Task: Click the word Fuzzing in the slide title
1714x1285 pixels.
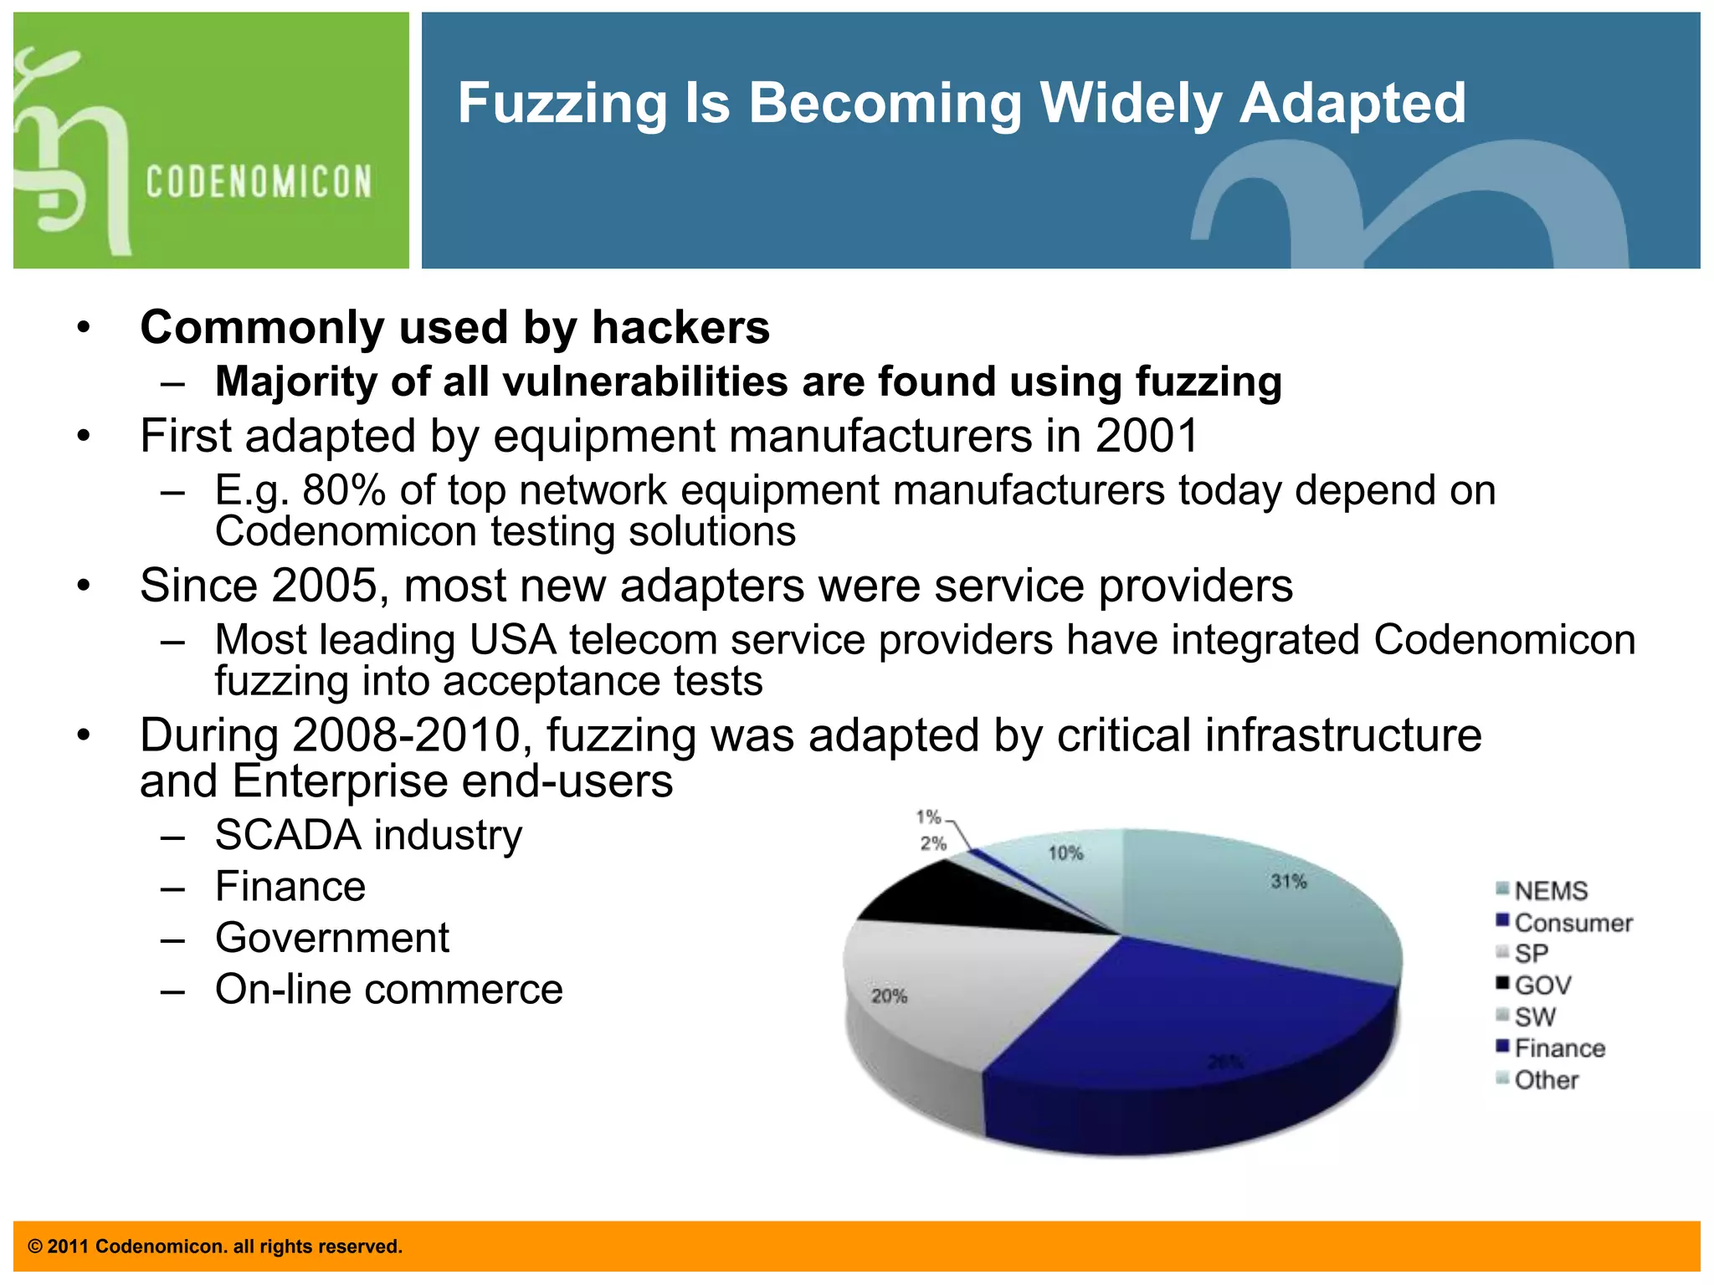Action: [x=562, y=105]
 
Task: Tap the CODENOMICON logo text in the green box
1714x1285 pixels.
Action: [x=259, y=182]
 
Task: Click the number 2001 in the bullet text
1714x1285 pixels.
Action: [x=1147, y=437]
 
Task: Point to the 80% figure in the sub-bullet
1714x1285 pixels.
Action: [x=344, y=491]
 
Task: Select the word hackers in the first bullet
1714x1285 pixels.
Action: [x=680, y=327]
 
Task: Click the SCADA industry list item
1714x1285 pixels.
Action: [x=368, y=835]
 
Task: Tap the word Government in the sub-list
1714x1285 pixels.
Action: [x=332, y=938]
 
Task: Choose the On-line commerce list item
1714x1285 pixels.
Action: [x=388, y=990]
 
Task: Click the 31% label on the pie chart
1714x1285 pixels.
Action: [x=1288, y=881]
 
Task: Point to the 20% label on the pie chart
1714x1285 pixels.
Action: [x=889, y=996]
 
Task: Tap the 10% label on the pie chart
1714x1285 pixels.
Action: [x=1065, y=853]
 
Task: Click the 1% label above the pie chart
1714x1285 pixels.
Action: [x=927, y=817]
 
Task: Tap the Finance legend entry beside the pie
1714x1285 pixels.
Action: [x=1559, y=1048]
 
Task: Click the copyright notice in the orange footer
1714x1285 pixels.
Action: [x=215, y=1247]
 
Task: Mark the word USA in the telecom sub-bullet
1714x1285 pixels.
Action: [x=512, y=641]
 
